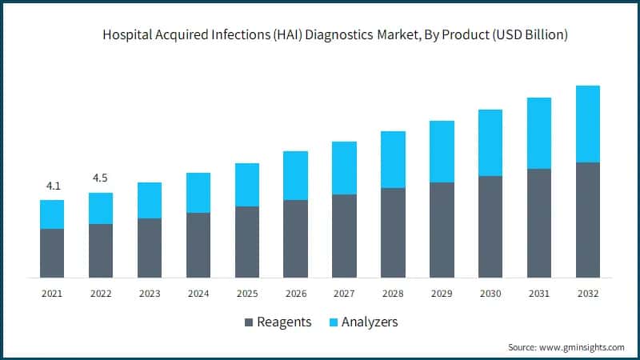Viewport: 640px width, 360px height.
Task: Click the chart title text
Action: [x=335, y=36]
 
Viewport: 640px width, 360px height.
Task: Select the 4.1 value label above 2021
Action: [x=53, y=186]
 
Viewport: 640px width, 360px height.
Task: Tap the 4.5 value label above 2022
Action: [x=101, y=178]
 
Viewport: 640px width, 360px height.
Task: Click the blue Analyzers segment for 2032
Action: [x=587, y=124]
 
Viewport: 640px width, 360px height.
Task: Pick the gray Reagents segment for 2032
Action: [x=587, y=220]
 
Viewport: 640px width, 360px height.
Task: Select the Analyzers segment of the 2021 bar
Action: [x=52, y=214]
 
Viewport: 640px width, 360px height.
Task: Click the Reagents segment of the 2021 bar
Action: [x=52, y=253]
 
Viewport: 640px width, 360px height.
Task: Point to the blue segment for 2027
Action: [x=344, y=168]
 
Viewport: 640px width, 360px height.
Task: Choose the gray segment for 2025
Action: [x=246, y=242]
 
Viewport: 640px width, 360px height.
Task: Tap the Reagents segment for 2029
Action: [x=442, y=230]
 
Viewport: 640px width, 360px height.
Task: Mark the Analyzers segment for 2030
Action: [x=490, y=143]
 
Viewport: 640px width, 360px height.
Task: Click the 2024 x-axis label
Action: [x=198, y=294]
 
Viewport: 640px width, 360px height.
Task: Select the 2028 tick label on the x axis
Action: [x=393, y=294]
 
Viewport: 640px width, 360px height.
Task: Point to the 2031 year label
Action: [x=538, y=294]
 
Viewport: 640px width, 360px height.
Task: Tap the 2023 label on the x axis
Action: [x=150, y=294]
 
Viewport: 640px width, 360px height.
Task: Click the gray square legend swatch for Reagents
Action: [x=248, y=322]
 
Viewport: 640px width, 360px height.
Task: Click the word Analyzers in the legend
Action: [x=370, y=322]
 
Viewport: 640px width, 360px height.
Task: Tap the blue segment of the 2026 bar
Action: [x=295, y=175]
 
